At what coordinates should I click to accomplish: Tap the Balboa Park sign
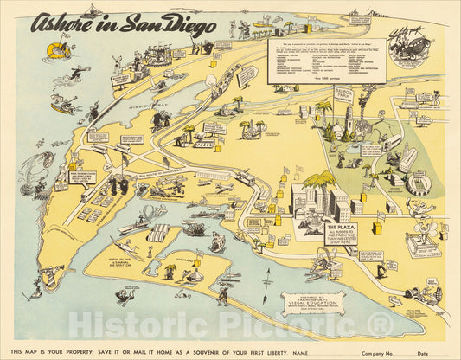(343, 93)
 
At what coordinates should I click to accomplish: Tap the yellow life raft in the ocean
(58, 50)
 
